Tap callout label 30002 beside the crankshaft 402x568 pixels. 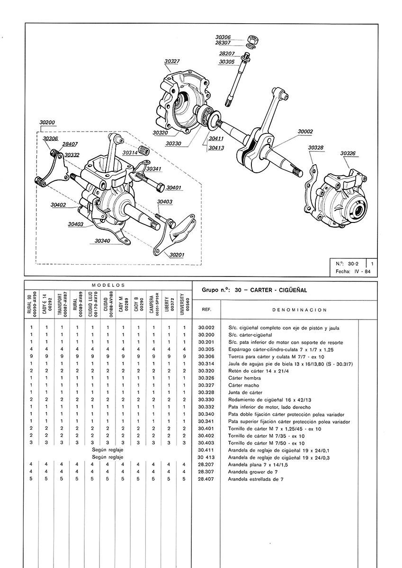pyautogui.click(x=305, y=131)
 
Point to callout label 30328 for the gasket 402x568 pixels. pyautogui.click(x=315, y=148)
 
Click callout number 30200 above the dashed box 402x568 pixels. pyautogui.click(x=47, y=122)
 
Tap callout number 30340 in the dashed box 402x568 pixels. pyautogui.click(x=102, y=241)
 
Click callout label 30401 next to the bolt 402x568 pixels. pyautogui.click(x=174, y=187)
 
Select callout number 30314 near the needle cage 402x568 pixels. pyautogui.click(x=130, y=152)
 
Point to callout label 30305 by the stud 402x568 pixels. pyautogui.click(x=227, y=62)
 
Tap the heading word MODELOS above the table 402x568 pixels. pyautogui.click(x=108, y=285)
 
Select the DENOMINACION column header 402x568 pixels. pyautogui.click(x=293, y=310)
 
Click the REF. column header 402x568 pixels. pyautogui.click(x=206, y=310)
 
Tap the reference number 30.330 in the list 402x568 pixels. pyautogui.click(x=206, y=399)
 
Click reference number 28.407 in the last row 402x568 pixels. pyautogui.click(x=206, y=479)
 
